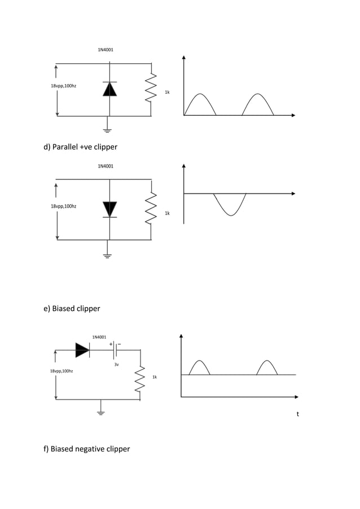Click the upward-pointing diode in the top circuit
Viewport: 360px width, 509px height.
(x=109, y=89)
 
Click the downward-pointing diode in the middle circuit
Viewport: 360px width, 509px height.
(x=109, y=209)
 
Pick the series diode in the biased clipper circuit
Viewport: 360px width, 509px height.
(x=82, y=350)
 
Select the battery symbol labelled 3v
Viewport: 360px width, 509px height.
(x=115, y=350)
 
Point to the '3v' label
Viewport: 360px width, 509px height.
(x=116, y=365)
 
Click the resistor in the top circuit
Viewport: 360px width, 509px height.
(x=151, y=89)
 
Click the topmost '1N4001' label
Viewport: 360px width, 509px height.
(x=106, y=50)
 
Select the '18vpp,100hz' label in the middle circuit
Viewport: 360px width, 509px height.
(x=63, y=207)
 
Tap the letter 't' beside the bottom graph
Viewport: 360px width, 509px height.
(x=298, y=414)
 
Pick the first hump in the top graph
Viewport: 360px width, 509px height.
(x=200, y=103)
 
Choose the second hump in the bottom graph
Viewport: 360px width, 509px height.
(x=267, y=367)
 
